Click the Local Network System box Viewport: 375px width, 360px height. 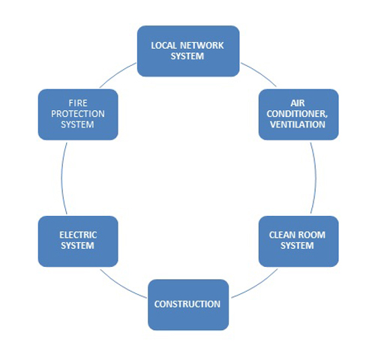click(x=188, y=51)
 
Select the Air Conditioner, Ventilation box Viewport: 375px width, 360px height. click(x=298, y=115)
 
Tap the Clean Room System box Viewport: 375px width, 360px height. click(x=298, y=241)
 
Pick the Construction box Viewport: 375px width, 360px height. click(x=188, y=304)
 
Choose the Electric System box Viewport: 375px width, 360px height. click(x=78, y=241)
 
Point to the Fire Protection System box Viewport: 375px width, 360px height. click(x=78, y=115)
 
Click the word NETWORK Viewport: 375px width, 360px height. click(x=202, y=46)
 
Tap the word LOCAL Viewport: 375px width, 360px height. click(x=164, y=46)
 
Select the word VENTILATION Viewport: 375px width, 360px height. click(x=298, y=124)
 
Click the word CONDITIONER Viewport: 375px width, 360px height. click(x=297, y=114)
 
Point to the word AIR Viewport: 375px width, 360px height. click(x=298, y=103)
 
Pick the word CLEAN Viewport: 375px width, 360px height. click(x=282, y=235)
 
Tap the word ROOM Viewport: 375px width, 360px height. click(x=312, y=235)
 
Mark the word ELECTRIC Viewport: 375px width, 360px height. click(x=78, y=235)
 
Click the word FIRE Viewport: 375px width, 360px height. click(x=78, y=103)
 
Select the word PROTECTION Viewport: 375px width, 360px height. click(x=78, y=114)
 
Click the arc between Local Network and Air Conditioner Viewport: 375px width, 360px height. click(x=260, y=73)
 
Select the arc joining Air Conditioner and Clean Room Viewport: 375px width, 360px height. click(x=316, y=178)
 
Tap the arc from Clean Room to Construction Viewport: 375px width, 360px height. click(x=256, y=286)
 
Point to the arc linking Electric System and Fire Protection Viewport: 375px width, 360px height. click(x=61, y=178)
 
